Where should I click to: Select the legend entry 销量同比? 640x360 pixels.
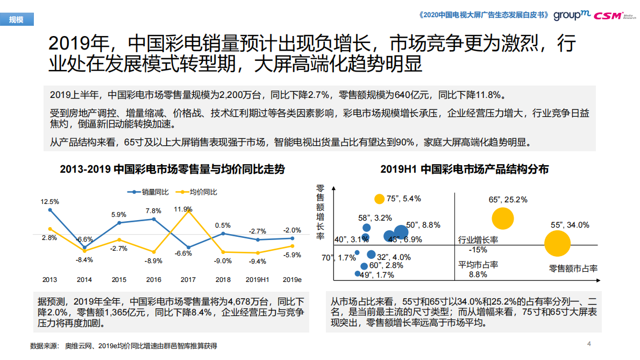tap(148, 192)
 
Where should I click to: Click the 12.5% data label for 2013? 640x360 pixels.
tap(49, 201)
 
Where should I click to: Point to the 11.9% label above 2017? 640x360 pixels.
tap(183, 209)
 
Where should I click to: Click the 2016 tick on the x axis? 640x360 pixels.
tap(154, 279)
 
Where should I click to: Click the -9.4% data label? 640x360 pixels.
tap(257, 262)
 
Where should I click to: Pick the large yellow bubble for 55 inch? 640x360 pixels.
tap(557, 243)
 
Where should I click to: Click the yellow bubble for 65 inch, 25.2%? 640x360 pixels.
tap(503, 218)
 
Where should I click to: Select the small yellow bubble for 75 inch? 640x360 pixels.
tap(379, 199)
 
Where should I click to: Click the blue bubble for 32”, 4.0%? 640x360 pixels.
tap(371, 255)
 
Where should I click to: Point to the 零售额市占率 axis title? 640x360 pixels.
tap(573, 268)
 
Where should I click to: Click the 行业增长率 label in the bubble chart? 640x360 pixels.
tap(478, 239)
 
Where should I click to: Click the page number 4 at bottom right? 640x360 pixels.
tap(588, 344)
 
